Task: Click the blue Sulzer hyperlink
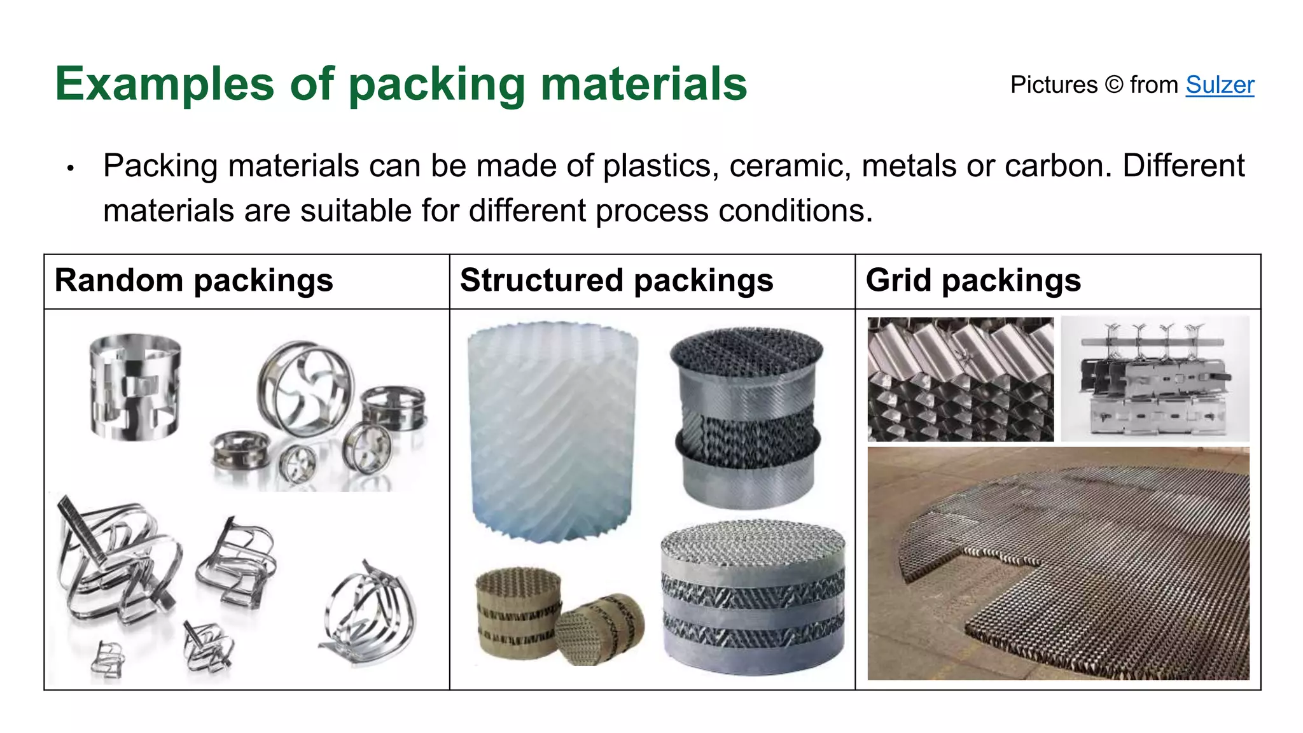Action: pyautogui.click(x=1220, y=85)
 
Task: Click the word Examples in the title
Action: pyautogui.click(x=164, y=84)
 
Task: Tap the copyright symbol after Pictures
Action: pyautogui.click(x=1113, y=85)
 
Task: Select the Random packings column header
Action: pyautogui.click(x=194, y=281)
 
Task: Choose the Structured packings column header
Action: pyautogui.click(x=617, y=281)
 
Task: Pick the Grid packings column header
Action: pyautogui.click(x=973, y=281)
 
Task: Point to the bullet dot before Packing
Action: pyautogui.click(x=71, y=169)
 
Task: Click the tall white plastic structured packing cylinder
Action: pyautogui.click(x=552, y=433)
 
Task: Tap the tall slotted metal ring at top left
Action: pyautogui.click(x=135, y=387)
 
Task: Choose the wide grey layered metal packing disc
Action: pyautogui.click(x=754, y=598)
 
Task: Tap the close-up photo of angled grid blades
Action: pyautogui.click(x=960, y=379)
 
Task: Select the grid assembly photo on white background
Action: pyautogui.click(x=1155, y=379)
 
